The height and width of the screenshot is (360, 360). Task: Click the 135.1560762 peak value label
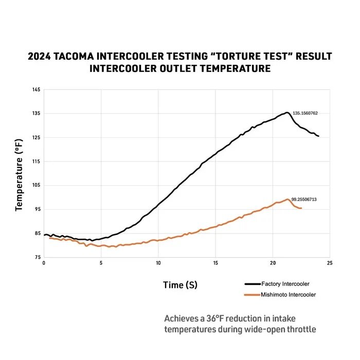coord(305,113)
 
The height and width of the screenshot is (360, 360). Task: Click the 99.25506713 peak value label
coord(303,199)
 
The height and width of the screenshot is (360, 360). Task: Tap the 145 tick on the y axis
coord(36,90)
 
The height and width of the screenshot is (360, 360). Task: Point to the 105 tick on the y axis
coord(36,185)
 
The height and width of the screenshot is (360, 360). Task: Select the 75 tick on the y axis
coord(37,257)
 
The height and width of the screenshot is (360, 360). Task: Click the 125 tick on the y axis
coord(36,137)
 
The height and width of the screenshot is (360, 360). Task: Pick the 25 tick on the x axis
coord(330,263)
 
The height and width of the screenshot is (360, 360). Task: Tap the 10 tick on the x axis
coord(158,263)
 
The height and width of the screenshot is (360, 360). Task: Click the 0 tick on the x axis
coord(44,263)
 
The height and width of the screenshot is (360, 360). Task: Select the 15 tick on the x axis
coord(215,263)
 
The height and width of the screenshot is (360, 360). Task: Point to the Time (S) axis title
coord(180,284)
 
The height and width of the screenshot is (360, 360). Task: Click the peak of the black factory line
coord(286,113)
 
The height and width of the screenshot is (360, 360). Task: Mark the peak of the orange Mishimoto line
coord(288,199)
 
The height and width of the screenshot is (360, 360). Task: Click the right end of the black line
coord(318,136)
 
